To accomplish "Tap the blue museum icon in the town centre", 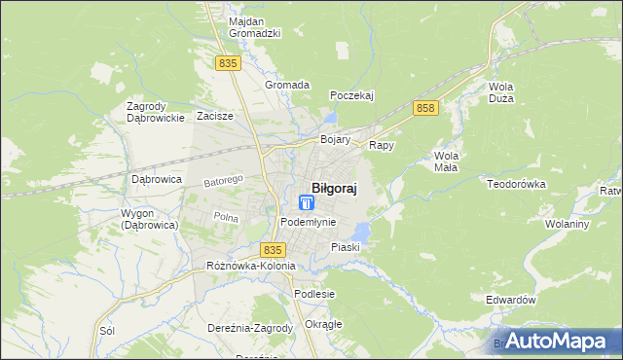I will pyautogui.click(x=307, y=203).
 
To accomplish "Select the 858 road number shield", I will pyautogui.click(x=423, y=108).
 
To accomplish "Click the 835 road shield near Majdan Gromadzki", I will pyautogui.click(x=228, y=62).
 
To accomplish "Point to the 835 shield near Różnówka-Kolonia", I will pyautogui.click(x=274, y=250).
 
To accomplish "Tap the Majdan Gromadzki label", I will pyautogui.click(x=254, y=26).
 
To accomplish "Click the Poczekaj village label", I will pyautogui.click(x=352, y=95).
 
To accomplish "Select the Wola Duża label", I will pyautogui.click(x=501, y=91).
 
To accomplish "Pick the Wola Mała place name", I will pyautogui.click(x=447, y=161).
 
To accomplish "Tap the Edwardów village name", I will pyautogui.click(x=511, y=301).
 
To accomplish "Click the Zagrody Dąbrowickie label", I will pyautogui.click(x=156, y=112).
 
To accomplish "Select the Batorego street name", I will pyautogui.click(x=222, y=181).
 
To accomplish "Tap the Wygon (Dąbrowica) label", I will pyautogui.click(x=148, y=219).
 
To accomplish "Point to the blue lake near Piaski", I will pyautogui.click(x=361, y=233).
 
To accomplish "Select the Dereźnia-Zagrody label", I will pyautogui.click(x=250, y=328).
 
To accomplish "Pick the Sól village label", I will pyautogui.click(x=107, y=330).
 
